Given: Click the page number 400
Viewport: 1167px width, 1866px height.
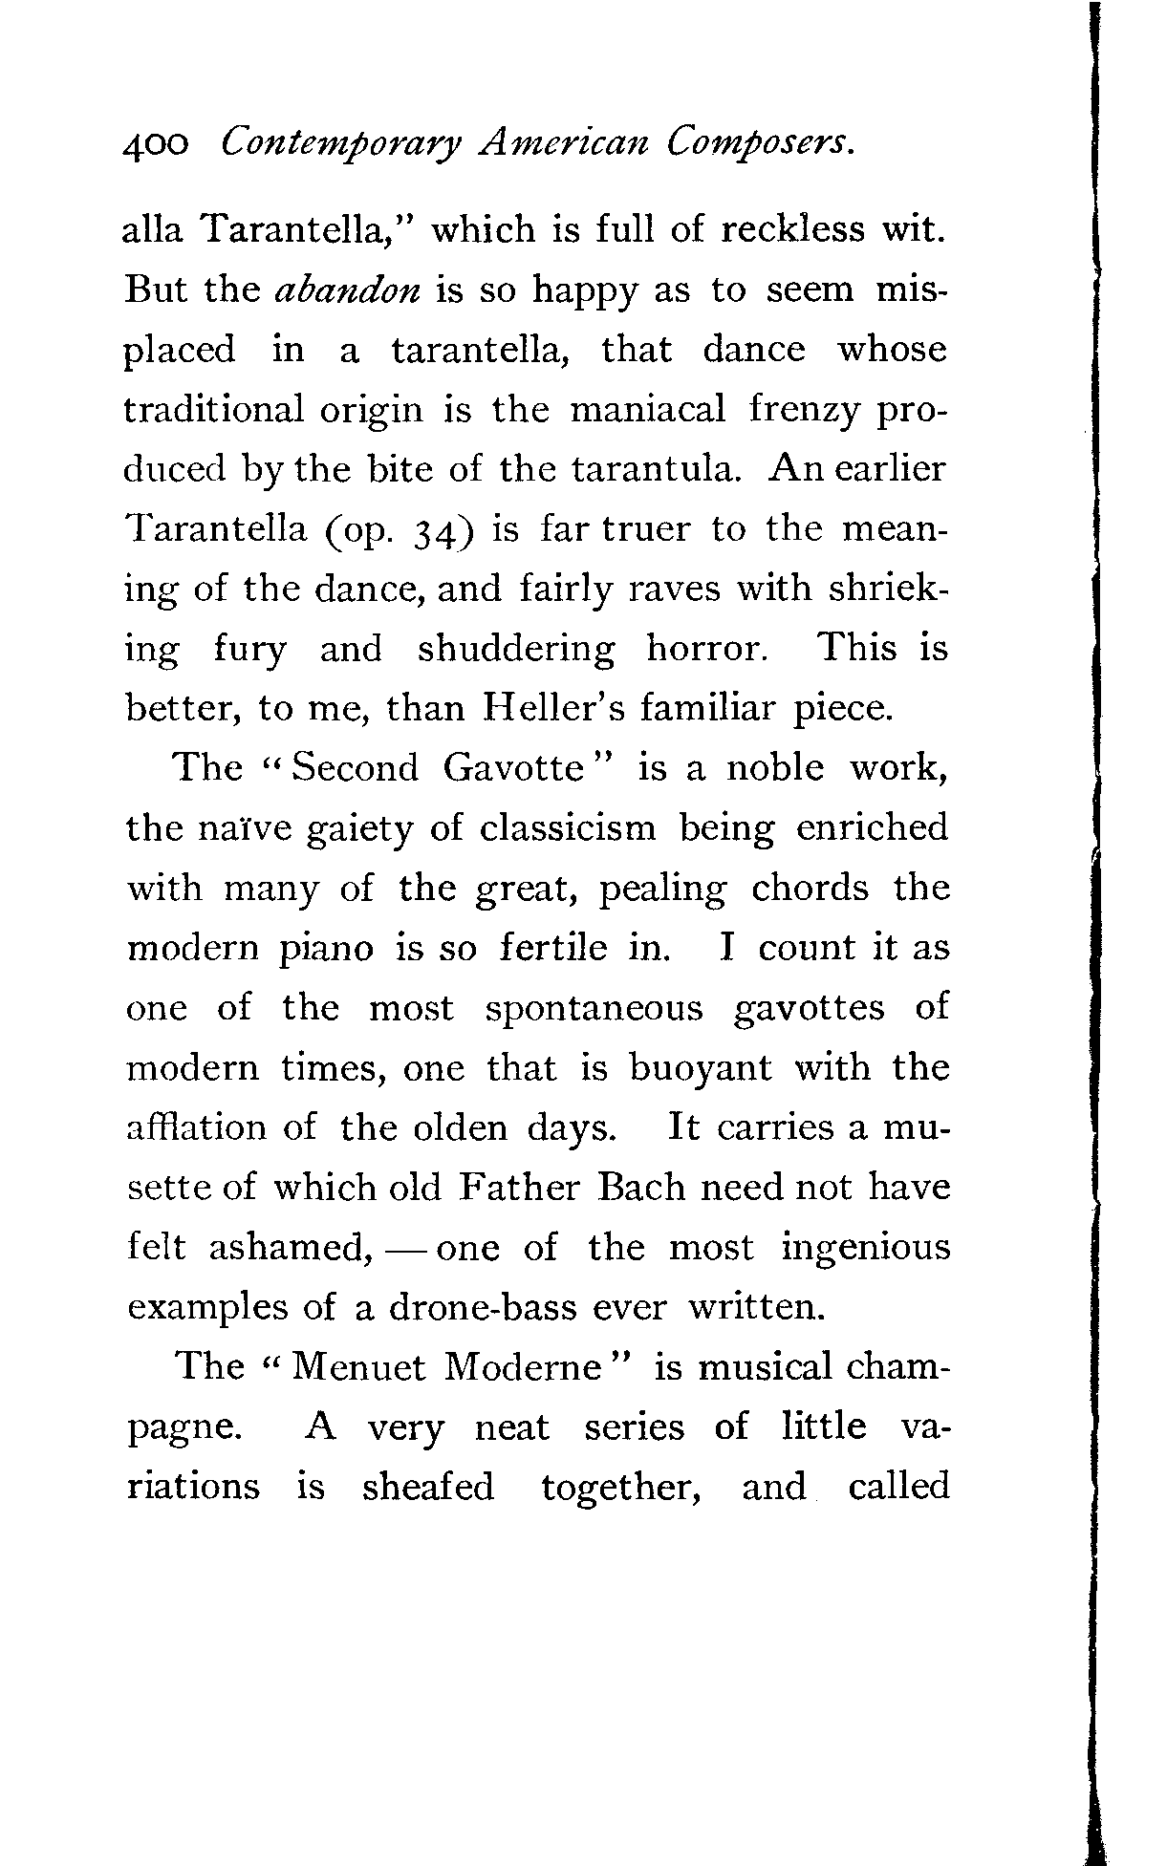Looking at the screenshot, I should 156,146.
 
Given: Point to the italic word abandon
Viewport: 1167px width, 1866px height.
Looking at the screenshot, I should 347,290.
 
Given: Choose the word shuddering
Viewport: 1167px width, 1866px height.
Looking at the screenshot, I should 516,649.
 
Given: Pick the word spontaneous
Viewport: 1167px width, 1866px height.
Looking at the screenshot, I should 594,1009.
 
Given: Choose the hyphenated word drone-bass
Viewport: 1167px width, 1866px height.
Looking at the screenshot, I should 483,1307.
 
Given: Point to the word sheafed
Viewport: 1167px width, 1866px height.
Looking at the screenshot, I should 428,1488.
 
